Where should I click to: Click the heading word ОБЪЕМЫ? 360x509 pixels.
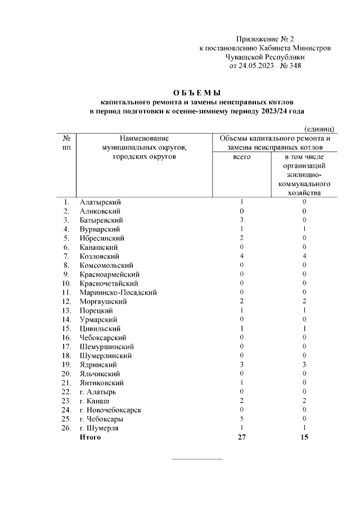pyautogui.click(x=197, y=93)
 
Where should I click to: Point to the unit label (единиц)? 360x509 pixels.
pyautogui.click(x=319, y=129)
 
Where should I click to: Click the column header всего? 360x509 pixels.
pyautogui.click(x=241, y=157)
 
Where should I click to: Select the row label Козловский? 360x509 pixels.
pyautogui.click(x=100, y=256)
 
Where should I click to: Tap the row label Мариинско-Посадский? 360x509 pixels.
pyautogui.click(x=118, y=292)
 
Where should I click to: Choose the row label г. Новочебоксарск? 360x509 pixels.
pyautogui.click(x=110, y=409)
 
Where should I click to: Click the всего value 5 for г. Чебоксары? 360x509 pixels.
pyautogui.click(x=241, y=418)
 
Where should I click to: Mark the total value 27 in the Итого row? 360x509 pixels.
pyautogui.click(x=241, y=437)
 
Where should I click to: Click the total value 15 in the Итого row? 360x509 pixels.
pyautogui.click(x=304, y=437)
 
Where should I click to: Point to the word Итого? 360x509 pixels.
pyautogui.click(x=91, y=437)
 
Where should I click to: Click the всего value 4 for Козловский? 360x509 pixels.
pyautogui.click(x=241, y=256)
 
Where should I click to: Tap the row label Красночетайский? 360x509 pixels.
pyautogui.click(x=109, y=283)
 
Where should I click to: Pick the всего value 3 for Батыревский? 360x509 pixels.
pyautogui.click(x=241, y=220)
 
